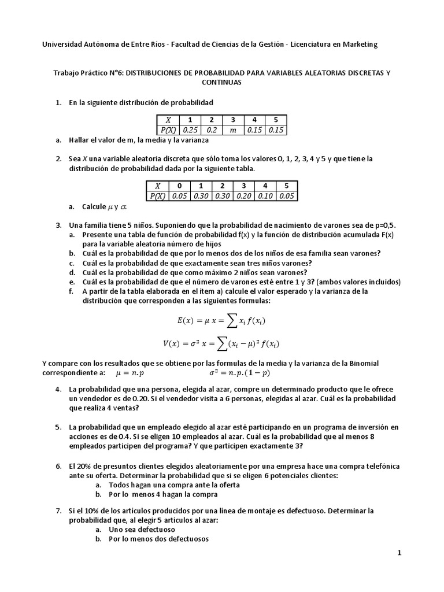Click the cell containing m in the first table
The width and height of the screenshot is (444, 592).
click(233, 130)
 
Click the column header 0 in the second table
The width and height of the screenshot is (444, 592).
click(180, 186)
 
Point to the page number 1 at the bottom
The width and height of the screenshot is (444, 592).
click(399, 553)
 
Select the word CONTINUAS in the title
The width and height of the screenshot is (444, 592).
click(222, 82)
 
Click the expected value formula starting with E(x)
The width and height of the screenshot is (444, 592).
click(221, 320)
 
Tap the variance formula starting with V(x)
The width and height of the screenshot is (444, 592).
click(221, 343)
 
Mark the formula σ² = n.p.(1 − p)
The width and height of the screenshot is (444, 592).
click(241, 373)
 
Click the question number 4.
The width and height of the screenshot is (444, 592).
click(58, 390)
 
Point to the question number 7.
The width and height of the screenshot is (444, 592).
click(58, 511)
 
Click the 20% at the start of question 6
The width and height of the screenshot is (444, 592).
click(86, 466)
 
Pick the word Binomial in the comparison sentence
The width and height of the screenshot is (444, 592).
click(360, 364)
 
